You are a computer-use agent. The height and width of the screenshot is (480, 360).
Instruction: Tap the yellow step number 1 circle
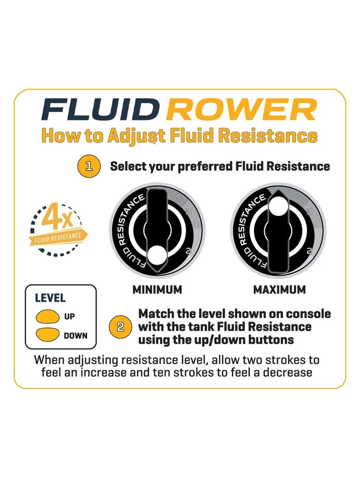click(x=90, y=166)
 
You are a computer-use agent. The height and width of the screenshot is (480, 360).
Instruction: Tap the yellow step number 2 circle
click(x=120, y=327)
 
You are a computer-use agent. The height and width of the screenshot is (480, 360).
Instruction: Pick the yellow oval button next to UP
click(x=47, y=316)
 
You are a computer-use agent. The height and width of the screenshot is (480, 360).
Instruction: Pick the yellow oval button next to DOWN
click(x=47, y=335)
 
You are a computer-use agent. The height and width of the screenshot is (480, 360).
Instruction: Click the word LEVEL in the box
click(x=51, y=298)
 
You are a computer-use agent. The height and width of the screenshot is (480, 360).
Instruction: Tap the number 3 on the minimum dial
click(x=188, y=211)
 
